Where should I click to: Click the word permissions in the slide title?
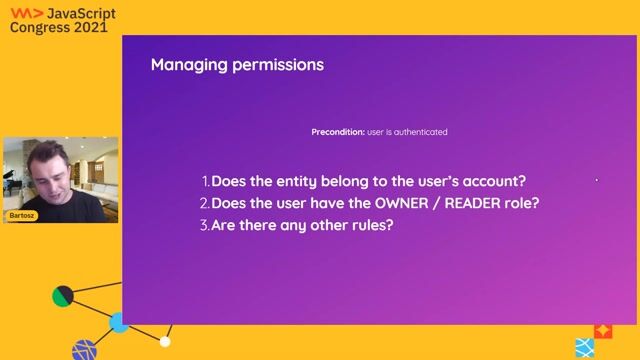click(274, 67)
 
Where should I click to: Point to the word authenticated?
click(421, 132)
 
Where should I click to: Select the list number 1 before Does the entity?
click(205, 182)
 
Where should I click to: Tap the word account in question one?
click(491, 182)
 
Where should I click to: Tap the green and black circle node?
click(63, 296)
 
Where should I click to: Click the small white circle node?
click(165, 342)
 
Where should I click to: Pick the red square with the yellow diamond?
click(602, 330)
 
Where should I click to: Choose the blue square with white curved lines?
click(584, 347)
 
